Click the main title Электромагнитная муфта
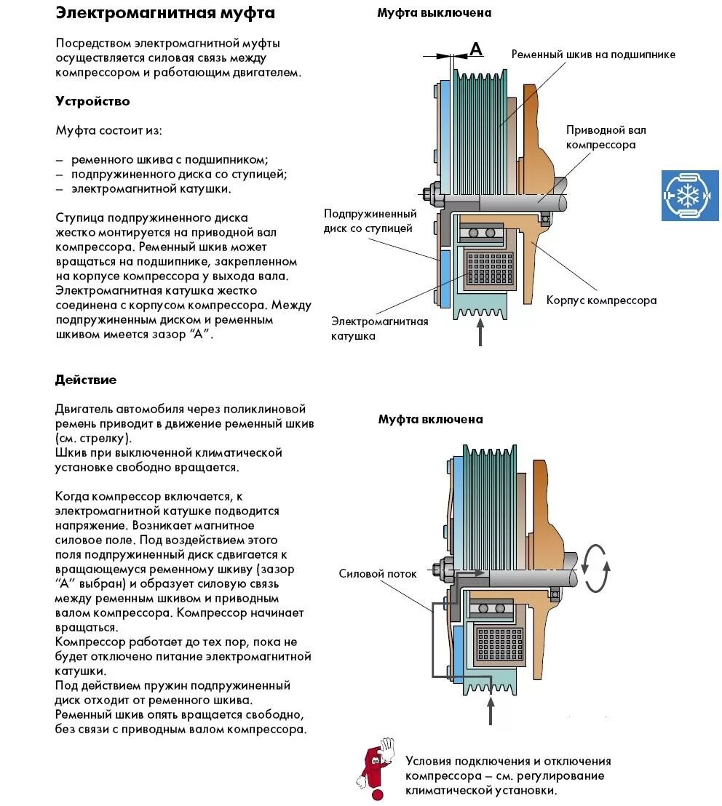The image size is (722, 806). (x=165, y=13)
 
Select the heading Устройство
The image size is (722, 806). (x=92, y=101)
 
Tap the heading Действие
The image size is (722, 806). (x=86, y=380)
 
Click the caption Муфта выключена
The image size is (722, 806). (x=434, y=12)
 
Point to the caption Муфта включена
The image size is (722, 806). (x=430, y=419)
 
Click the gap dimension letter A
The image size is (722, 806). (x=476, y=49)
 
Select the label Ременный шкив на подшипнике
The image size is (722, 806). (x=593, y=55)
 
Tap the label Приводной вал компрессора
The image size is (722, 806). (x=606, y=137)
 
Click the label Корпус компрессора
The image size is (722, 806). (x=601, y=300)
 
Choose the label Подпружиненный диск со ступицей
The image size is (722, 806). (x=370, y=221)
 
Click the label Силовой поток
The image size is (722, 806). (x=378, y=573)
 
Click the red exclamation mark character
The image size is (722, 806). (x=374, y=767)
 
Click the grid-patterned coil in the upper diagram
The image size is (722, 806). (x=488, y=269)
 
